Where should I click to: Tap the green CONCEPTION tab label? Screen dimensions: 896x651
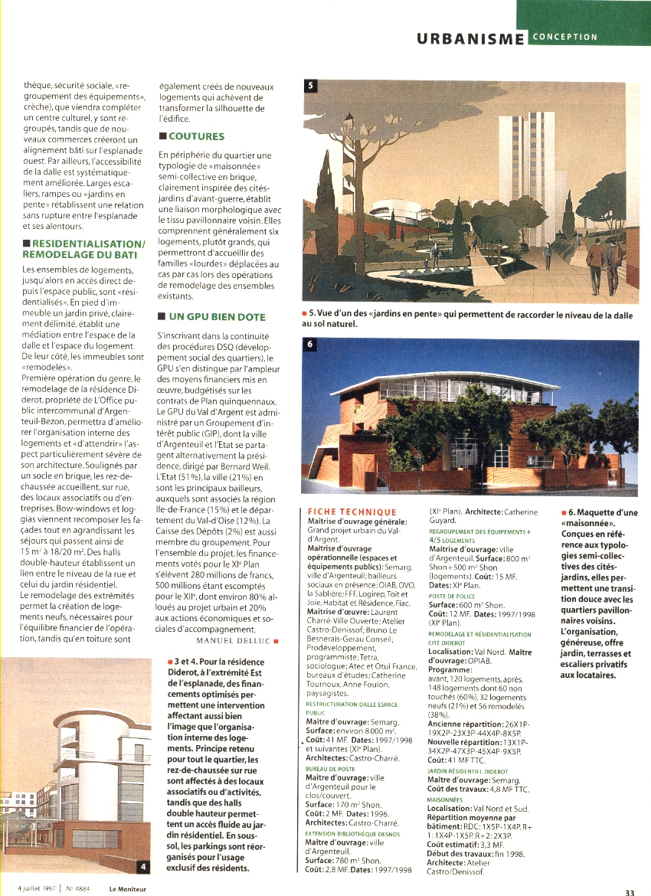pyautogui.click(x=565, y=36)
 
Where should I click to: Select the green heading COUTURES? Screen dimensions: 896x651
pyautogui.click(x=196, y=136)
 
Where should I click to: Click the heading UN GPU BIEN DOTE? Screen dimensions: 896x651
pyautogui.click(x=217, y=316)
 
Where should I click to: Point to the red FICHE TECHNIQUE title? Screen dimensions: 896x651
pyautogui.click(x=352, y=512)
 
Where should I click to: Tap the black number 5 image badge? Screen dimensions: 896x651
pyautogui.click(x=310, y=86)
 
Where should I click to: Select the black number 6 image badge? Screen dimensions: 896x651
pyautogui.click(x=310, y=345)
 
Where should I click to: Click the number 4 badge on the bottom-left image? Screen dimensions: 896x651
pyautogui.click(x=143, y=866)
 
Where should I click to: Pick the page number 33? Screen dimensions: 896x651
pyautogui.click(x=630, y=891)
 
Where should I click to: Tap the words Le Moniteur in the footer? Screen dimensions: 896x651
pyautogui.click(x=127, y=888)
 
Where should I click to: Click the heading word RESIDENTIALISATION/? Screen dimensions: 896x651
pyautogui.click(x=84, y=244)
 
